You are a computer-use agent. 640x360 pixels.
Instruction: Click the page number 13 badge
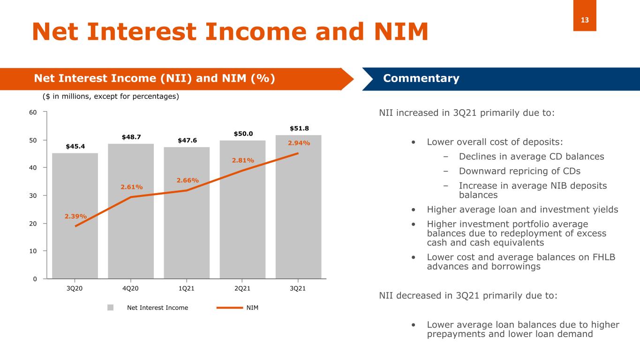click(585, 20)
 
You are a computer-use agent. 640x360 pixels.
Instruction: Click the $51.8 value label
click(299, 128)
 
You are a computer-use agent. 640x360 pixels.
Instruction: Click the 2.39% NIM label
click(75, 216)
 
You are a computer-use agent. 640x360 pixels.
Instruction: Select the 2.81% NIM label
click(243, 160)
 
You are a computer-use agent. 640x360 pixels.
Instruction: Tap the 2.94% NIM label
click(299, 143)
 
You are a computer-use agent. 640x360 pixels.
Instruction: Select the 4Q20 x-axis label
click(131, 288)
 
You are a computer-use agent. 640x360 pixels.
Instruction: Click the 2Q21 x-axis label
click(242, 288)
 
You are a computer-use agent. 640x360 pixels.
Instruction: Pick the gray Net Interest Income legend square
click(111, 307)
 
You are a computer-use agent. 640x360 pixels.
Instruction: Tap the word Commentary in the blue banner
click(421, 78)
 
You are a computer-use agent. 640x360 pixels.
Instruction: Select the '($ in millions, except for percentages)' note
click(111, 97)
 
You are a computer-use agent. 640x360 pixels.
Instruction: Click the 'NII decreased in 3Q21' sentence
click(468, 296)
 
